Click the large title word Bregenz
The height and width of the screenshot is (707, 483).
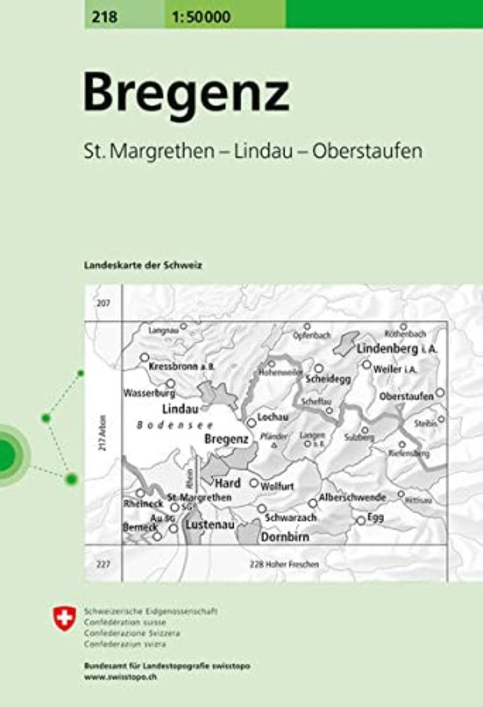coord(186,94)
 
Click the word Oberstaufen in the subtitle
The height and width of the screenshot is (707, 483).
coord(366,151)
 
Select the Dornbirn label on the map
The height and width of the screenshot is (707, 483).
coord(285,537)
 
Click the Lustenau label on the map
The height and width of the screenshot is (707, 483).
coord(210,525)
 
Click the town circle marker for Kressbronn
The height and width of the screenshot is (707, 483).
coord(144,357)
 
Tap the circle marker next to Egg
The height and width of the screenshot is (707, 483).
coord(361,520)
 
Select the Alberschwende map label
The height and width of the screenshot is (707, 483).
coord(353,497)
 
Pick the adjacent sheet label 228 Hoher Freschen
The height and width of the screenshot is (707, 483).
coord(283,564)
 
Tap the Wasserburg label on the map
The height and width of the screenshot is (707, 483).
coord(145,393)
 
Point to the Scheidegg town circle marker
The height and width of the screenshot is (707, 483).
coord(318,367)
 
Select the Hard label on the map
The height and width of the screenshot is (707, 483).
coord(228,483)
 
